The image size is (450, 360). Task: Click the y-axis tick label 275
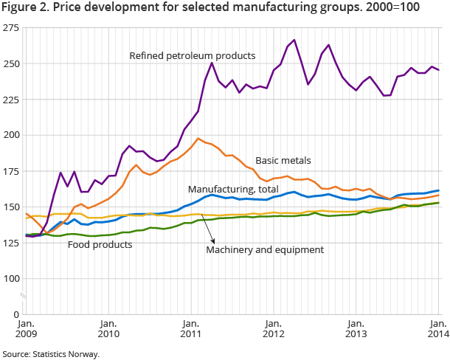click(12, 28)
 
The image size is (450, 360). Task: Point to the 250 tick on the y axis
click(12, 63)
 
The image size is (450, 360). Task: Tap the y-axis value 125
click(12, 243)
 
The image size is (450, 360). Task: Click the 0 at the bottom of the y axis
click(16, 314)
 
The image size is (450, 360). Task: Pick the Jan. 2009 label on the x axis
click(25, 329)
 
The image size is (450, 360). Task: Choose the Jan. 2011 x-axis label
click(190, 329)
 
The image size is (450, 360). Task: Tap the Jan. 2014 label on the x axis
click(437, 329)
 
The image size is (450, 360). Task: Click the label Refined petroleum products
click(192, 55)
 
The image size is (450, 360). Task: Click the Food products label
click(100, 243)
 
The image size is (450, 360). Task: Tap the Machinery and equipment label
click(265, 250)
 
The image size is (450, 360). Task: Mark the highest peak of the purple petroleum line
click(294, 40)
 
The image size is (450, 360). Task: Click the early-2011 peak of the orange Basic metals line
click(198, 138)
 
